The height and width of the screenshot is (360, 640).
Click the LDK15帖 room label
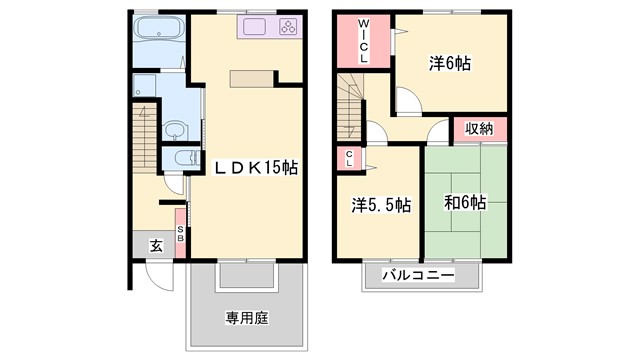click(x=254, y=167)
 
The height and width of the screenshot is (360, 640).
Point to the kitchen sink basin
click(x=251, y=28)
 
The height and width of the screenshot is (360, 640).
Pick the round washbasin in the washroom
click(x=174, y=128)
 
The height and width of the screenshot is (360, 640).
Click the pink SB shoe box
click(x=180, y=234)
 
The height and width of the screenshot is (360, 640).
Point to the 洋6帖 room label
click(x=450, y=62)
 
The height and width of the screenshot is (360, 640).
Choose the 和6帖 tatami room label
click(x=465, y=203)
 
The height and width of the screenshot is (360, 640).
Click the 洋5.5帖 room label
click(x=380, y=205)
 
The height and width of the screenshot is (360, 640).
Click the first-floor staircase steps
click(x=146, y=140)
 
